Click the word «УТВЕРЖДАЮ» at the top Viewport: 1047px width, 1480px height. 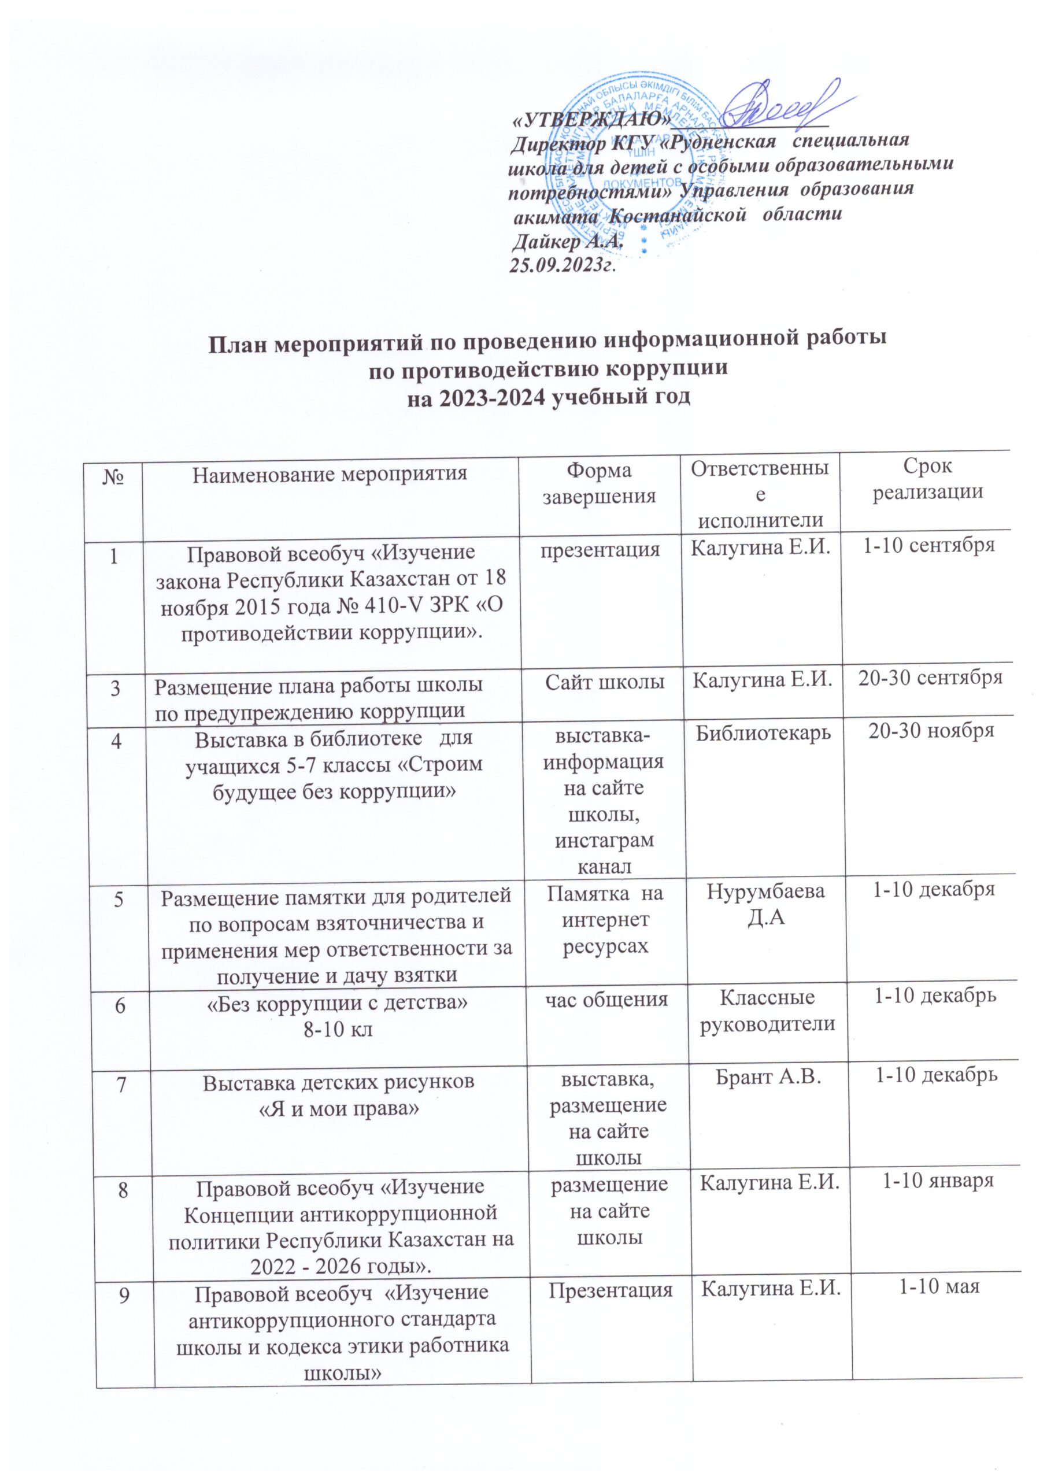click(589, 120)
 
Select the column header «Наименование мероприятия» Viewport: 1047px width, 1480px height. click(330, 475)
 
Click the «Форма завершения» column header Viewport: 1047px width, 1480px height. click(599, 483)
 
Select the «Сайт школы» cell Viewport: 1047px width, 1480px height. click(605, 682)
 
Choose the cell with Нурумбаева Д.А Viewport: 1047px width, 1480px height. click(765, 904)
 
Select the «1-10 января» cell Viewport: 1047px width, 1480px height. click(937, 1181)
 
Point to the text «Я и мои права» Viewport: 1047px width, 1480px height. click(339, 1109)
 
